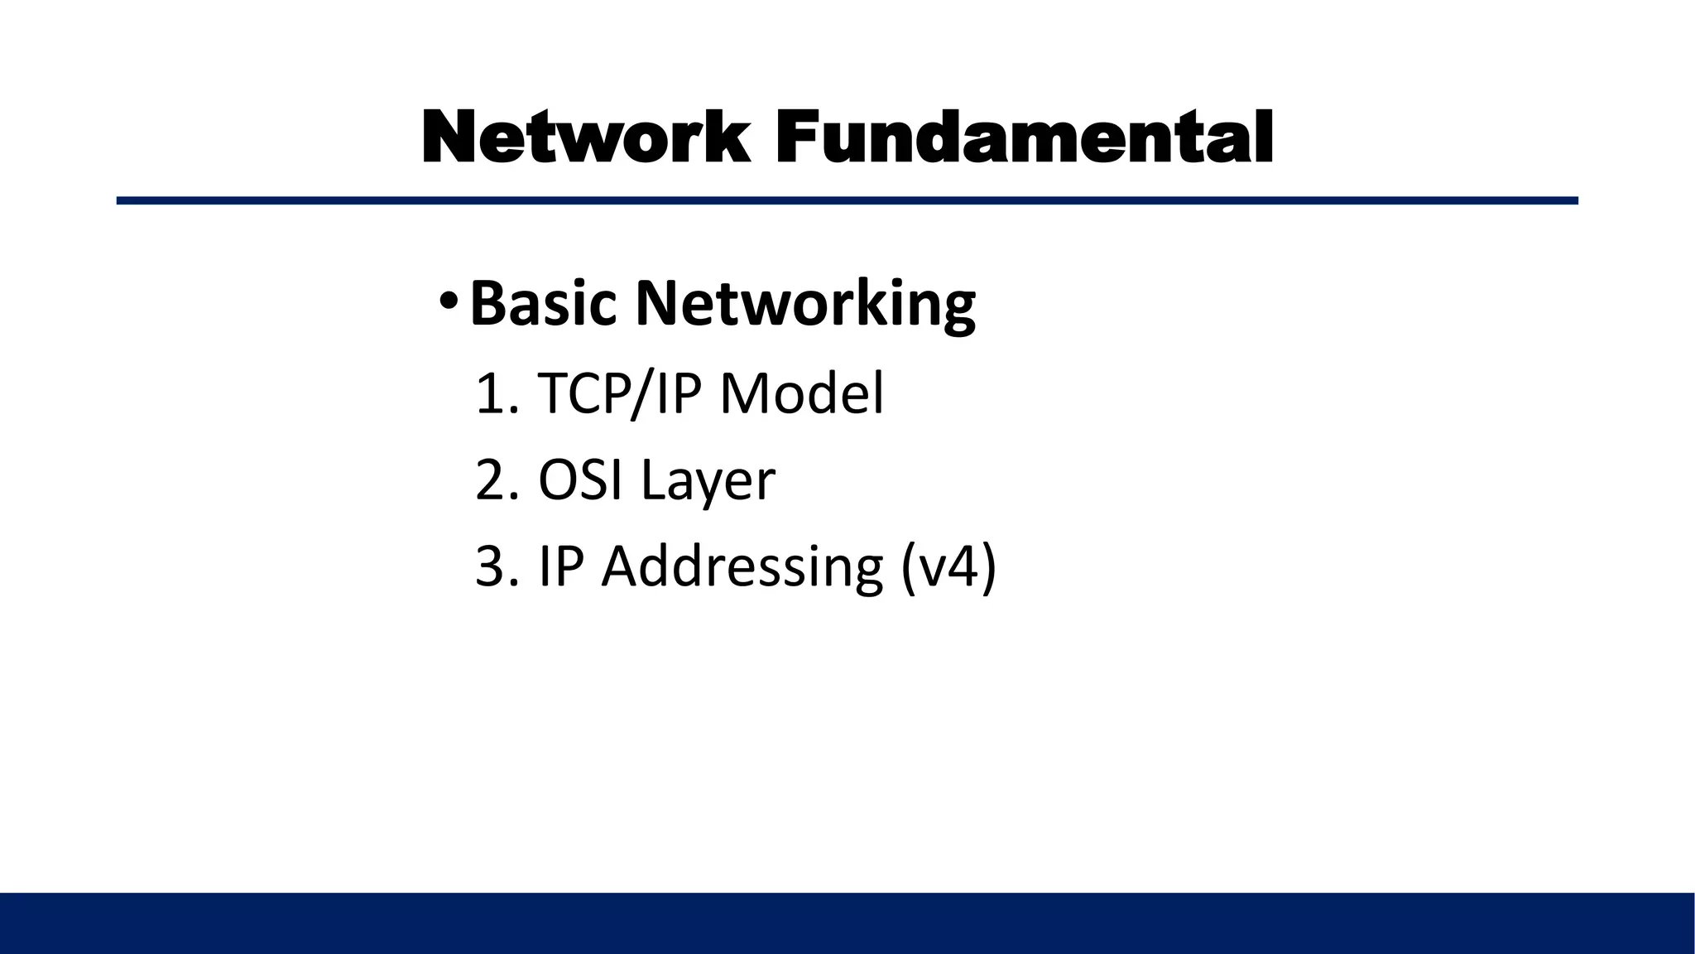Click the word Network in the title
pos(586,137)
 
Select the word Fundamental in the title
pos(1024,137)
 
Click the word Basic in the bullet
pos(543,303)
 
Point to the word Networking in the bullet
pos(805,305)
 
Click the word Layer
pos(708,481)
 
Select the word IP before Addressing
pos(561,566)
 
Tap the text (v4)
pos(948,568)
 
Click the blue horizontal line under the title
pos(847,200)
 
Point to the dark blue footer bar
pos(847,923)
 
